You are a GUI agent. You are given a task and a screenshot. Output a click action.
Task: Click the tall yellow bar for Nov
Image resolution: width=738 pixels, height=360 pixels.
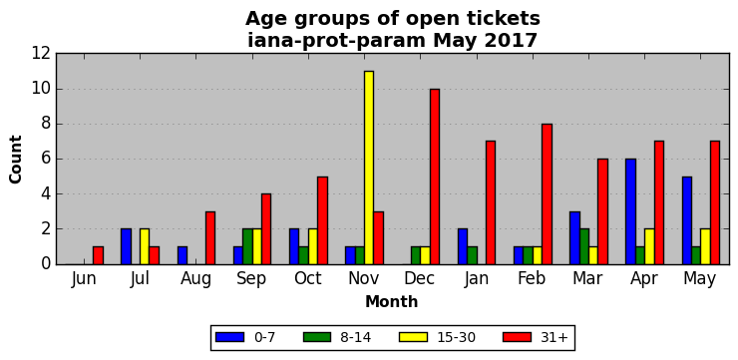tap(369, 168)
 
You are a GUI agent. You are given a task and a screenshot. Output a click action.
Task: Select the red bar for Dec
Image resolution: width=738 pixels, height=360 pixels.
tap(435, 177)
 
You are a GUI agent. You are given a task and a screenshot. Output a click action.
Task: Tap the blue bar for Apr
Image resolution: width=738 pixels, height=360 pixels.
tap(630, 211)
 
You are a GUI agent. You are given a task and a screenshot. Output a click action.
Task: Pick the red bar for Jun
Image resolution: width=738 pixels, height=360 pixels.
tap(98, 255)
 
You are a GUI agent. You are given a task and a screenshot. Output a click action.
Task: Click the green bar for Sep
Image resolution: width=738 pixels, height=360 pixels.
tap(247, 246)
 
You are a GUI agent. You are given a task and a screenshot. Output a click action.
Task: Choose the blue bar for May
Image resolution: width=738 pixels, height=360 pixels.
tap(687, 220)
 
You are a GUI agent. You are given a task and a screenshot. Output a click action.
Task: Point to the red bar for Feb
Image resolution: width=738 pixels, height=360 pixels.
tap(547, 193)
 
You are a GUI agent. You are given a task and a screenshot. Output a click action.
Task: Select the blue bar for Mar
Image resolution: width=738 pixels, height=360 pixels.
tap(574, 237)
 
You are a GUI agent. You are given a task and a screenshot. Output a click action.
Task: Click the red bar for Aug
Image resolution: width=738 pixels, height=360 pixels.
tap(209, 237)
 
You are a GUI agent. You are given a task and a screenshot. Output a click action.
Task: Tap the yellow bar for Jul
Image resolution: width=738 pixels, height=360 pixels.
tap(145, 246)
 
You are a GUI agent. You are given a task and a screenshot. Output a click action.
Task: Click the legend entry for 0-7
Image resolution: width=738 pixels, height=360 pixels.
tap(244, 337)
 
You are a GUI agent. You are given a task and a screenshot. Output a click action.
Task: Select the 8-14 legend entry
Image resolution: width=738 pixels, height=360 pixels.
tap(337, 337)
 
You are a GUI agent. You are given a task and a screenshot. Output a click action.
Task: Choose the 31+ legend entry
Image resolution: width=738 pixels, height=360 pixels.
tap(536, 337)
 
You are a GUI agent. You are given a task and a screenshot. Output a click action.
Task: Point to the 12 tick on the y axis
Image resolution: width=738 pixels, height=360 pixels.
tap(41, 54)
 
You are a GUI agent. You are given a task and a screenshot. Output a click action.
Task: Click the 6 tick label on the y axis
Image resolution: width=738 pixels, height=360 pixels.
tap(46, 160)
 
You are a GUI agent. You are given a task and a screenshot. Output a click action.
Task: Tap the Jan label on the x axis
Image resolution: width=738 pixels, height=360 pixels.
tap(476, 278)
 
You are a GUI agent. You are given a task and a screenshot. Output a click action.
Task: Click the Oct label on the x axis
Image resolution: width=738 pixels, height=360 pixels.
tap(308, 278)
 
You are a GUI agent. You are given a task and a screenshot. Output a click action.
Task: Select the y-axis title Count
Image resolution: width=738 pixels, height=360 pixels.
tap(16, 160)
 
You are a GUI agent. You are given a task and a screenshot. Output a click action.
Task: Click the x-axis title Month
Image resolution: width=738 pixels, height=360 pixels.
tap(392, 301)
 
